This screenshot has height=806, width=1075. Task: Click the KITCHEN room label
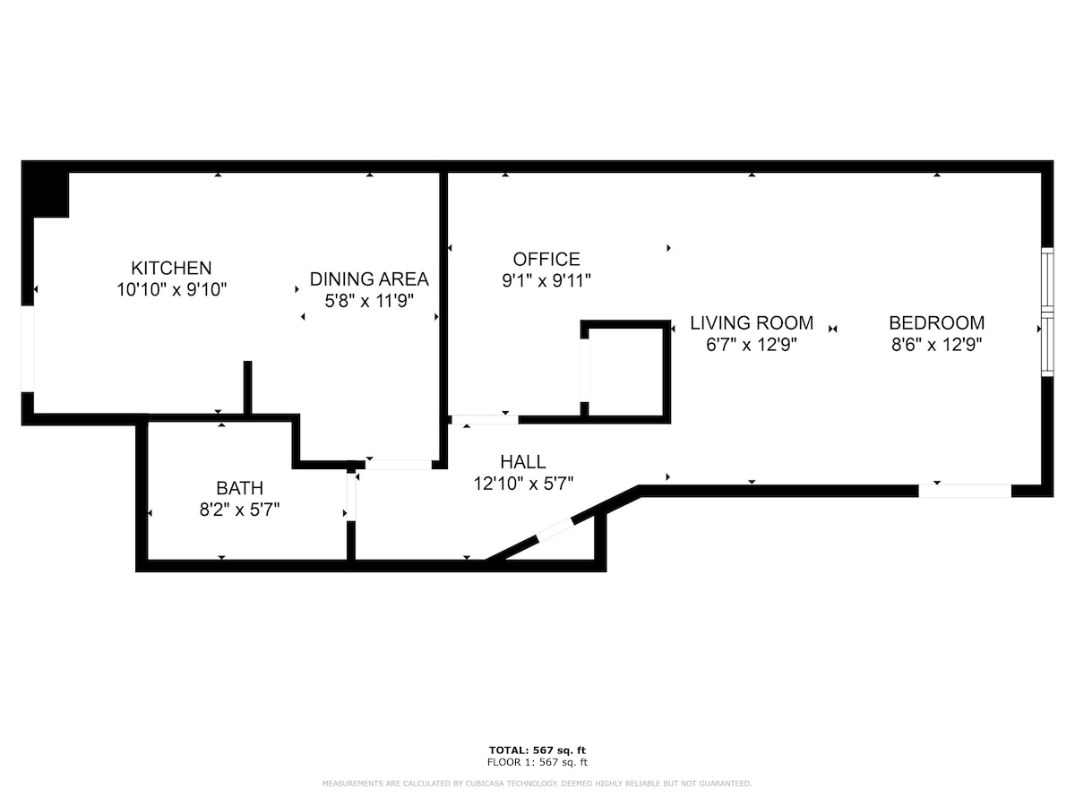(171, 268)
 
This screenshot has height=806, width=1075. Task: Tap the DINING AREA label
(369, 279)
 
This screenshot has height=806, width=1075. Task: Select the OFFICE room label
(546, 259)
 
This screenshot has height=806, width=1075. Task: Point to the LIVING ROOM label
(752, 323)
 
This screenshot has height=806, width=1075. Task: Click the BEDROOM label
(937, 323)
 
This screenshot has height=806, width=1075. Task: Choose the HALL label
(523, 462)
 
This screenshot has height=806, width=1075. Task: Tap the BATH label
(239, 488)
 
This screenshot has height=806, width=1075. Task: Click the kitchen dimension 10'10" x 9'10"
(171, 289)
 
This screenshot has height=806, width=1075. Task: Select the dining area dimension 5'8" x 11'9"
(369, 301)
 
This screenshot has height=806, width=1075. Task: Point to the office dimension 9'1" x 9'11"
(546, 280)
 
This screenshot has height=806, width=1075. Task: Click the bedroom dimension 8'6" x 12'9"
(937, 345)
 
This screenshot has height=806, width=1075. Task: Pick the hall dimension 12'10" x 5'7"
(523, 484)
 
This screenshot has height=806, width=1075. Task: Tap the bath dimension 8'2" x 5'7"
(239, 510)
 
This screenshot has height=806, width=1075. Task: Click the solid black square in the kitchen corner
(45, 189)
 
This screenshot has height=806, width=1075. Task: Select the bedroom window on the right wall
(1047, 313)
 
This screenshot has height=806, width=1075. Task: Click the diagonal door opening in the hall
(555, 530)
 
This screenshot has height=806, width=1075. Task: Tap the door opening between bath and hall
(351, 497)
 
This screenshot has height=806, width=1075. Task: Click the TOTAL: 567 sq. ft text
(537, 750)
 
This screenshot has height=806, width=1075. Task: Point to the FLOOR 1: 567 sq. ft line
(537, 762)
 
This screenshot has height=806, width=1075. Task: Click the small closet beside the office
(626, 372)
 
